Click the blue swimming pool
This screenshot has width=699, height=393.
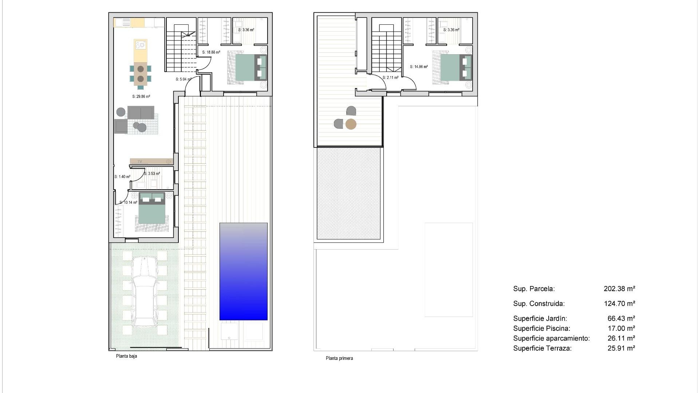tap(243, 271)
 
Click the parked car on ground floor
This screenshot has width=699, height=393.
tap(145, 291)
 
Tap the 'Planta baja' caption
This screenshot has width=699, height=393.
tap(126, 356)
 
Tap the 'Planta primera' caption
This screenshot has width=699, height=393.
tap(339, 358)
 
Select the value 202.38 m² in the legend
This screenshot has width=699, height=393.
tap(619, 289)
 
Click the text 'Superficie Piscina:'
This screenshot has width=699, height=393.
tap(542, 329)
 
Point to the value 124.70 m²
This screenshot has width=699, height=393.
tap(619, 303)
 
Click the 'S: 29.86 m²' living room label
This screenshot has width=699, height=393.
tap(141, 97)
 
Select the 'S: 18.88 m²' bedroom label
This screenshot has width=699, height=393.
tap(211, 52)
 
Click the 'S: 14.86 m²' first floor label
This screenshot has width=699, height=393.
tap(419, 67)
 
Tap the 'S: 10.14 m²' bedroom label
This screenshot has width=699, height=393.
tap(128, 203)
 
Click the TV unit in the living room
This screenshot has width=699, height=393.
tap(151, 161)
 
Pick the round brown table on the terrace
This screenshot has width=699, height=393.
tap(351, 124)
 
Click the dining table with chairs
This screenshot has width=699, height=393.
tap(141, 74)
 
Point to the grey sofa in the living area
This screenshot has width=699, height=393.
tap(141, 112)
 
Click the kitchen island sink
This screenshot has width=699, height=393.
tap(141, 45)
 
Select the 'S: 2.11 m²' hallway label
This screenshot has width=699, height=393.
tap(390, 78)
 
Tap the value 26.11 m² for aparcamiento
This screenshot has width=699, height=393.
tap(621, 338)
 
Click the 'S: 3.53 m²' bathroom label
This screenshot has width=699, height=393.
tap(152, 174)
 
